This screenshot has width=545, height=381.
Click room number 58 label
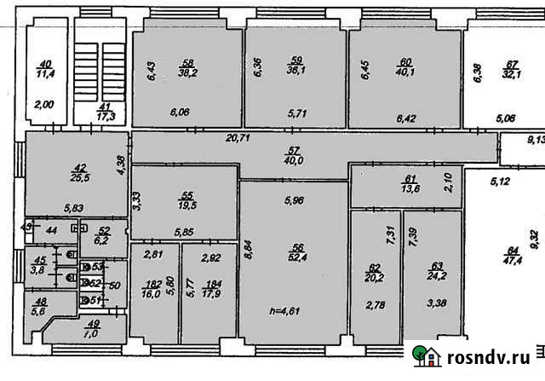188,62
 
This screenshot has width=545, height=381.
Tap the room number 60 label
405,62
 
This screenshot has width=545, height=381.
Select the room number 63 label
438,265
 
